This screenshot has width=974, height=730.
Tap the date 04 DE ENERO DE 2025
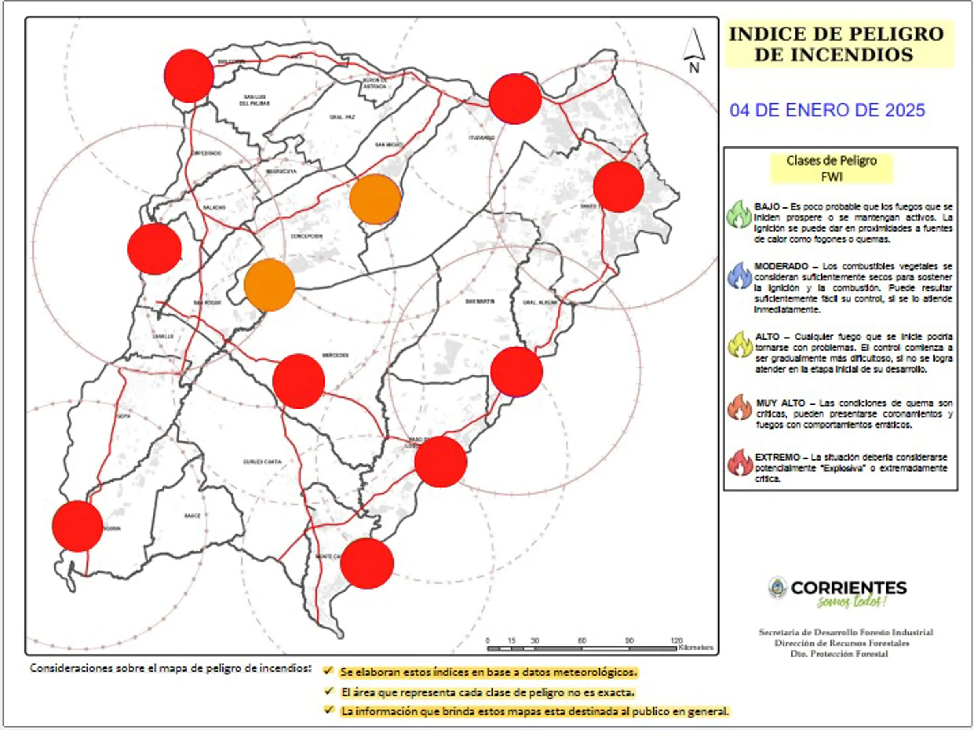pyautogui.click(x=827, y=110)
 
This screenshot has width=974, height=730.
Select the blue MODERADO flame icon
pyautogui.click(x=740, y=276)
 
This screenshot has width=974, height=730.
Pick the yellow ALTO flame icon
pyautogui.click(x=740, y=345)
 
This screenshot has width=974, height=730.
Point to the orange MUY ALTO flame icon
pyautogui.click(x=740, y=407)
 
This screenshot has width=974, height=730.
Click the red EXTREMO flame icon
pyautogui.click(x=740, y=463)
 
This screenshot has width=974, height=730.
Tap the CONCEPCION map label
pyautogui.click(x=306, y=237)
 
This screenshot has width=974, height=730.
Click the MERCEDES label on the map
pyautogui.click(x=336, y=355)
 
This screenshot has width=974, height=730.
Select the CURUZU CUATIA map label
pyautogui.click(x=262, y=462)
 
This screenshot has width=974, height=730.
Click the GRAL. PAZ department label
pyautogui.click(x=342, y=117)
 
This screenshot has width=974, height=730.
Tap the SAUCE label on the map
pyautogui.click(x=192, y=516)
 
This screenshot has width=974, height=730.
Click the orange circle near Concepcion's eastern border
pyautogui.click(x=375, y=199)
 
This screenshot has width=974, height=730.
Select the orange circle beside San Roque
pyautogui.click(x=269, y=285)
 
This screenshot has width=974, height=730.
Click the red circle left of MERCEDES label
pyautogui.click(x=299, y=381)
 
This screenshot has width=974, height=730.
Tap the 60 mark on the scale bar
pyautogui.click(x=582, y=641)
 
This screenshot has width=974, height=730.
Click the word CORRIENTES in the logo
pyautogui.click(x=849, y=588)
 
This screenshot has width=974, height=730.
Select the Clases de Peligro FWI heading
pyautogui.click(x=831, y=168)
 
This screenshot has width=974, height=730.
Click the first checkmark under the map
pyautogui.click(x=328, y=671)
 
